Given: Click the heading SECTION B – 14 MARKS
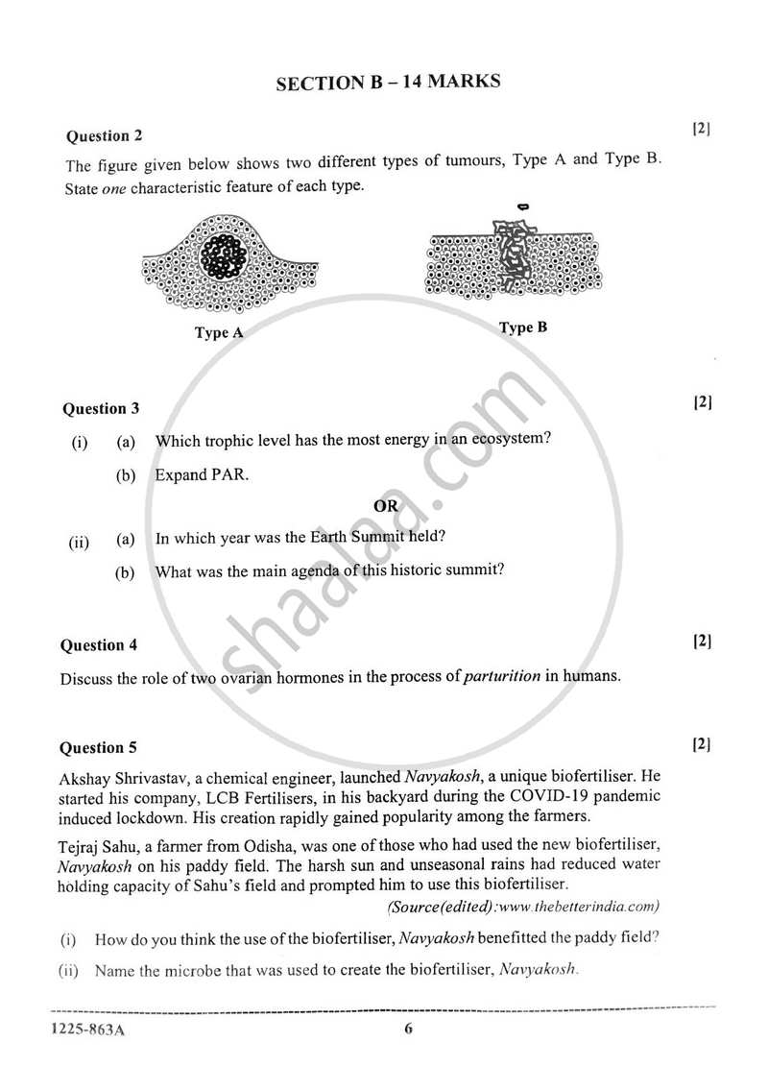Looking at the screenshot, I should point(388,83).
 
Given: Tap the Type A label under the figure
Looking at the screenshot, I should point(219,333).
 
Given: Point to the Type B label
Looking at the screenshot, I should point(523,327).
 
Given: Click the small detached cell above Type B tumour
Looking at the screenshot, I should point(523,206).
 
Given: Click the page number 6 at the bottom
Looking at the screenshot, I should point(408,1030).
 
